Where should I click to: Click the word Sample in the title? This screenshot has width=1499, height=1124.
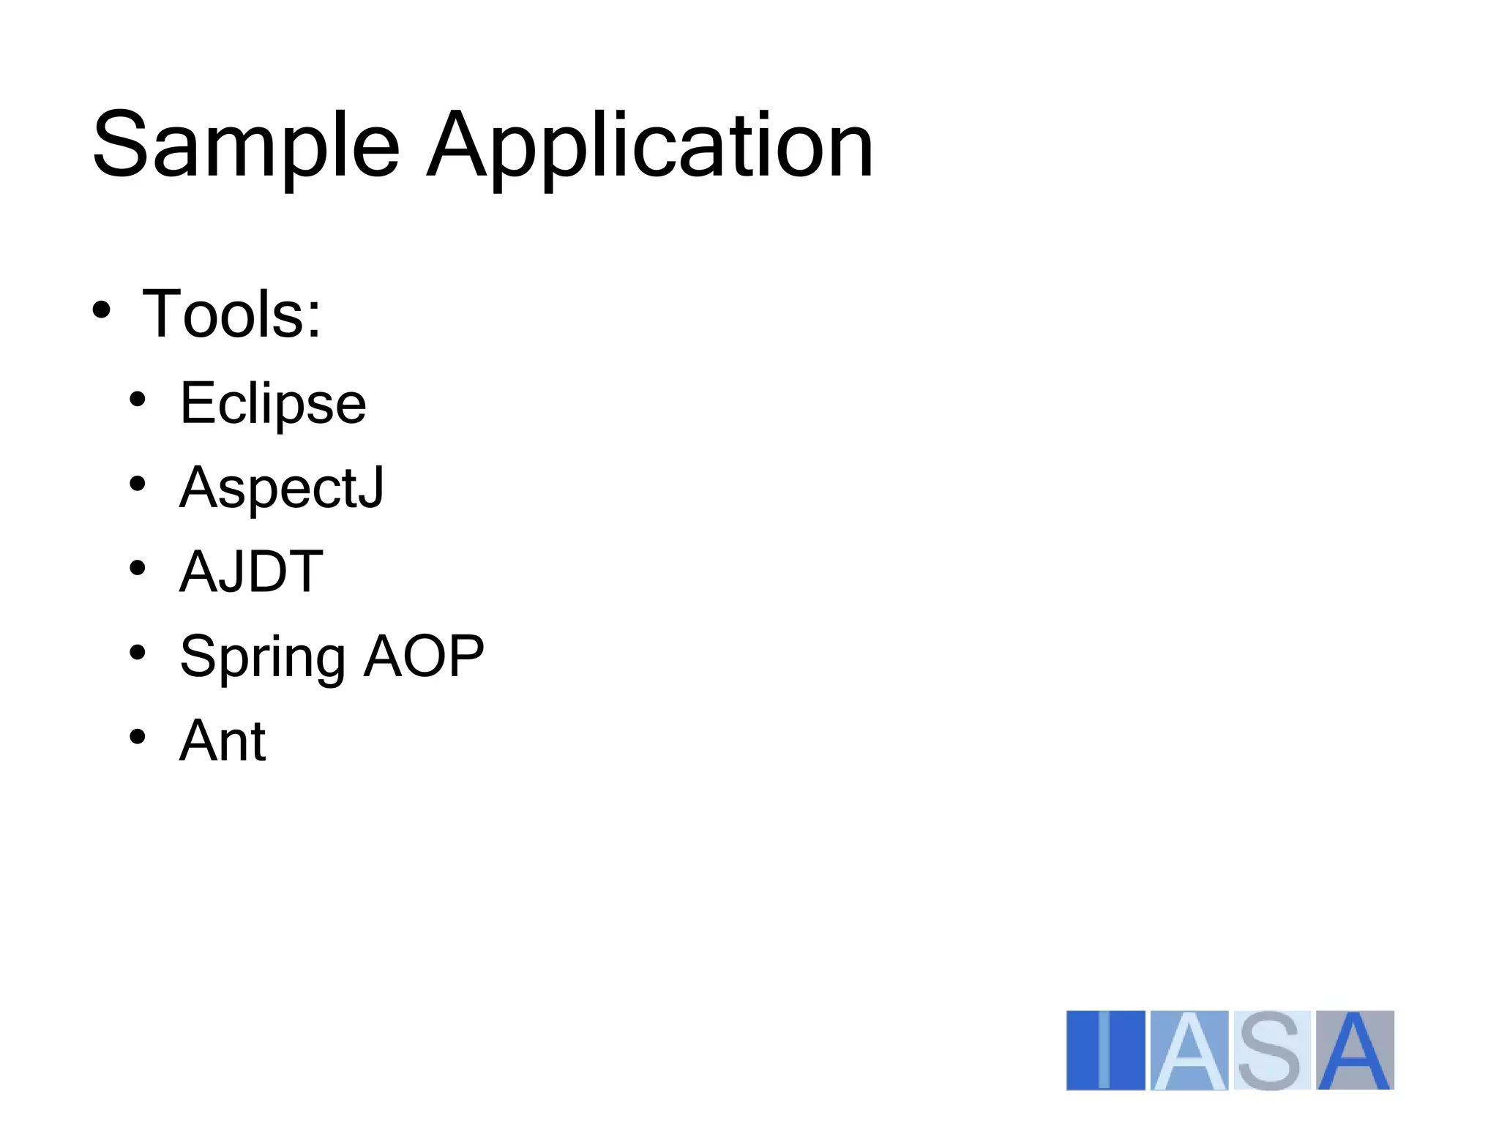[246, 145]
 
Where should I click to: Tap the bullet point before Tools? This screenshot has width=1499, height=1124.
[102, 310]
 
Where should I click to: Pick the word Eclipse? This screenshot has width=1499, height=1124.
[273, 403]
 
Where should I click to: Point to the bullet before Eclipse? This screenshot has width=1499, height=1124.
[137, 400]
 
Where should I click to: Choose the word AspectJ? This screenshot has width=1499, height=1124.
[282, 487]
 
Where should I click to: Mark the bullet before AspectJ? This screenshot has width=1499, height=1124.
[137, 484]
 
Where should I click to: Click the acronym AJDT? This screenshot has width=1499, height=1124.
[251, 572]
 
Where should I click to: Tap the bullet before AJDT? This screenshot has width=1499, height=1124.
[137, 568]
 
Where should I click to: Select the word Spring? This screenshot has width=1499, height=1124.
[262, 656]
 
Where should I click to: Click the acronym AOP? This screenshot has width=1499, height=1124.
[425, 656]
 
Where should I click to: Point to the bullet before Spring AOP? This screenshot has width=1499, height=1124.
[137, 652]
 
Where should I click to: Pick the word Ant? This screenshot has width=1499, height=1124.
[223, 741]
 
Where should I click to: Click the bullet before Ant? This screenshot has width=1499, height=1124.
[137, 736]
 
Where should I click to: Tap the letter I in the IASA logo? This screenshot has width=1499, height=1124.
[1105, 1050]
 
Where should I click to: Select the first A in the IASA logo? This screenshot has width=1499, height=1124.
[1189, 1050]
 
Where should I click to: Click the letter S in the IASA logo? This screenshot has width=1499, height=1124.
[1272, 1050]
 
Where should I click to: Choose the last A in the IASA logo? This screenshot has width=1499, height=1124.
[1355, 1050]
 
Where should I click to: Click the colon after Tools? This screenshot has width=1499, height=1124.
[314, 321]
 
